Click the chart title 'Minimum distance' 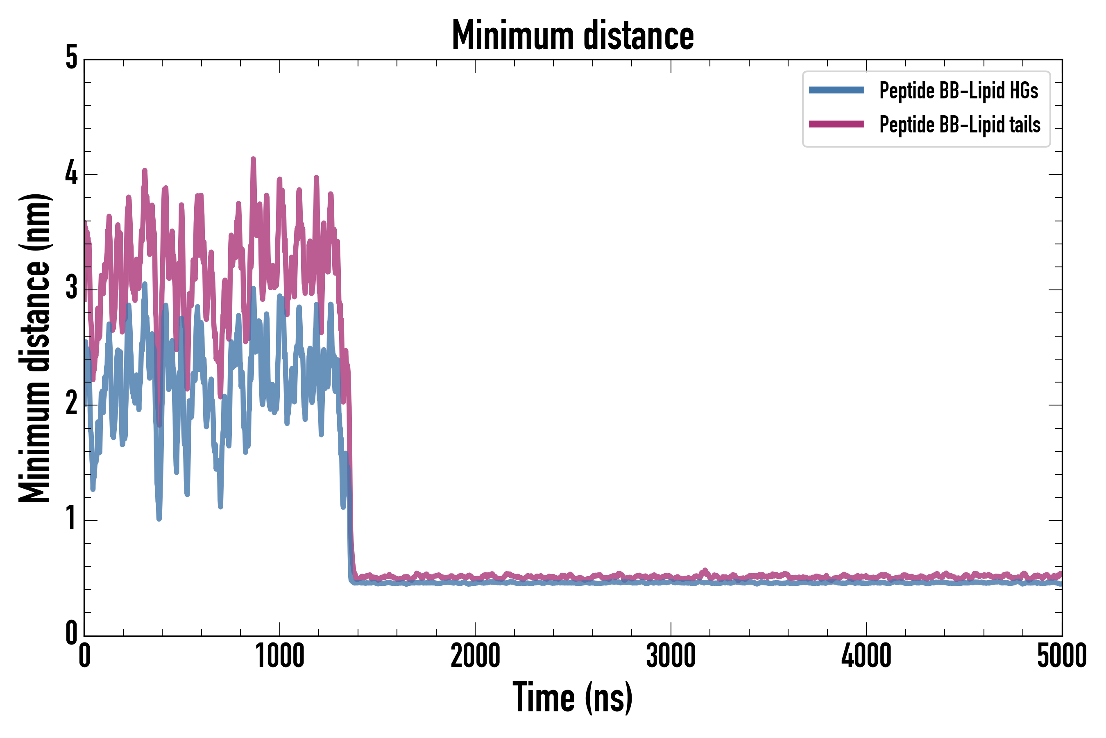coord(572,35)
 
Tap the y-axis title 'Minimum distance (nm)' coord(34,348)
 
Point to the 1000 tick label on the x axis coord(280,656)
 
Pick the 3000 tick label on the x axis coord(671,656)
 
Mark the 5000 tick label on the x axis coord(1061,656)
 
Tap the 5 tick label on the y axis coord(71,58)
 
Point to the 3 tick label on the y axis coord(71,288)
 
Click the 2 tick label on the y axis coord(71,403)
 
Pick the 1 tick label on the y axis coord(71,519)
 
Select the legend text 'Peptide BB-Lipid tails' coord(960,124)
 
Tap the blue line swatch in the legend coord(836,90)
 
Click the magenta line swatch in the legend coord(836,124)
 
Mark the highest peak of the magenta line coord(253,159)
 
